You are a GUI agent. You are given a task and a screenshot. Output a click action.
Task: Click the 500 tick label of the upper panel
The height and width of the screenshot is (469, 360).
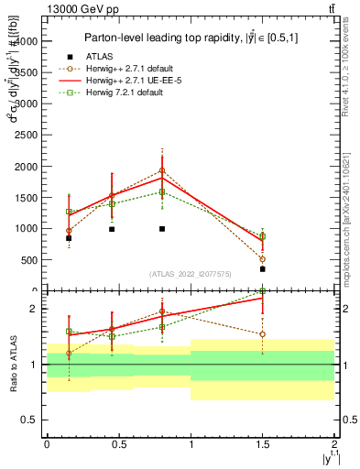pyautogui.click(x=29, y=259)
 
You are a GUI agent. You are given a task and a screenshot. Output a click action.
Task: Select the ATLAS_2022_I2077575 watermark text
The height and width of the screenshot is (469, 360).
pyautogui.click(x=191, y=273)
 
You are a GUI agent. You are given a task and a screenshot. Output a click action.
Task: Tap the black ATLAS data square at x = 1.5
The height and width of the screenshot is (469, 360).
pyautogui.click(x=262, y=269)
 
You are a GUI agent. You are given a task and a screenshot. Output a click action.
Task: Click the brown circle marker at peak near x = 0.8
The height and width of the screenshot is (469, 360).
pyautogui.click(x=162, y=170)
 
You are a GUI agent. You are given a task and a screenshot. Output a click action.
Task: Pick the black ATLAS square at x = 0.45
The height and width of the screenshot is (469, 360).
pyautogui.click(x=112, y=229)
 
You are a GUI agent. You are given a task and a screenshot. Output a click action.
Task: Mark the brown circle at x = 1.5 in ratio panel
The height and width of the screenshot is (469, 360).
pyautogui.click(x=262, y=334)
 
